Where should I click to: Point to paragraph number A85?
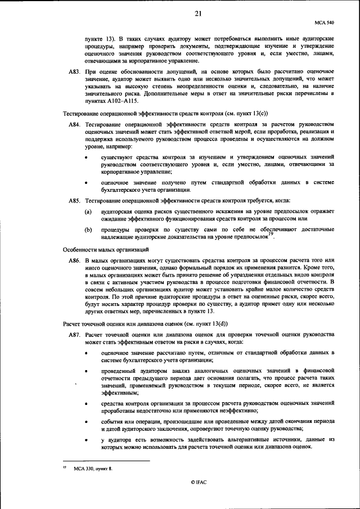(74, 200)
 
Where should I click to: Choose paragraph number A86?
(74, 262)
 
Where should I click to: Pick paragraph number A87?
(74, 334)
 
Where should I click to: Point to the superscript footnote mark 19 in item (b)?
(270, 235)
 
